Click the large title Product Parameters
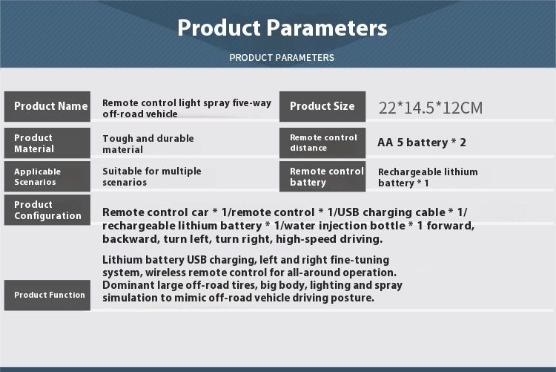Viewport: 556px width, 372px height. (282, 28)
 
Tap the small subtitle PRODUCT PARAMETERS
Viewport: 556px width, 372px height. (282, 58)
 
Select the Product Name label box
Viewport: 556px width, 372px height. (47, 106)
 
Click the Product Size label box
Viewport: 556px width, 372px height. (322, 106)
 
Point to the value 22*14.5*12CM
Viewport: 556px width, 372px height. (431, 108)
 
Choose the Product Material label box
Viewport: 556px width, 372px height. (47, 143)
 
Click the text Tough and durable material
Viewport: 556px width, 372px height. (148, 144)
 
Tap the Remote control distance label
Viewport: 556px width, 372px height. (322, 143)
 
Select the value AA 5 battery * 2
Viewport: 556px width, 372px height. (422, 143)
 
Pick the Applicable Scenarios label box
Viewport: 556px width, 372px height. (47, 177)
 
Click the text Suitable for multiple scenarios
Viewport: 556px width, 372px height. (152, 177)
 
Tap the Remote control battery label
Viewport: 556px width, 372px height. (322, 177)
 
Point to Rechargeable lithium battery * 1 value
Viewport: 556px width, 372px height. (428, 177)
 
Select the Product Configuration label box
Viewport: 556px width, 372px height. (47, 210)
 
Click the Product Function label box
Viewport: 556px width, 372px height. (47, 296)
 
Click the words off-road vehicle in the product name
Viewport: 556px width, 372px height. (140, 114)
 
